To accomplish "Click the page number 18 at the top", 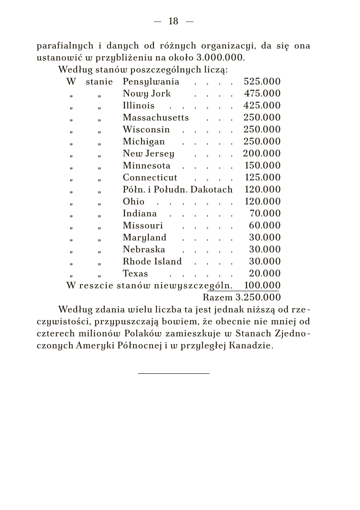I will click(173, 21).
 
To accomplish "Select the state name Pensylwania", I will click(151, 82).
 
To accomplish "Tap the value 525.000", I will click(262, 82).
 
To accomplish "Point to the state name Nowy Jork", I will click(147, 94).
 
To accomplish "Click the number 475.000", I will click(262, 94).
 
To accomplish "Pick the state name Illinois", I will click(138, 106).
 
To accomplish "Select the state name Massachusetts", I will click(156, 118).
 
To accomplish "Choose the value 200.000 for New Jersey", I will click(262, 154).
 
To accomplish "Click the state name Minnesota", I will click(147, 166).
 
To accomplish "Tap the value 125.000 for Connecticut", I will click(262, 178).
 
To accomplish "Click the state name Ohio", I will click(133, 202).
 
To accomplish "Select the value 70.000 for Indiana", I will click(265, 214).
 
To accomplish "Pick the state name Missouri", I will click(143, 226).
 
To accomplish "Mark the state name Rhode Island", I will click(152, 262).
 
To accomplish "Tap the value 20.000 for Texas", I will click(265, 274).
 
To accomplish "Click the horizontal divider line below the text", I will click(174, 373).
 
